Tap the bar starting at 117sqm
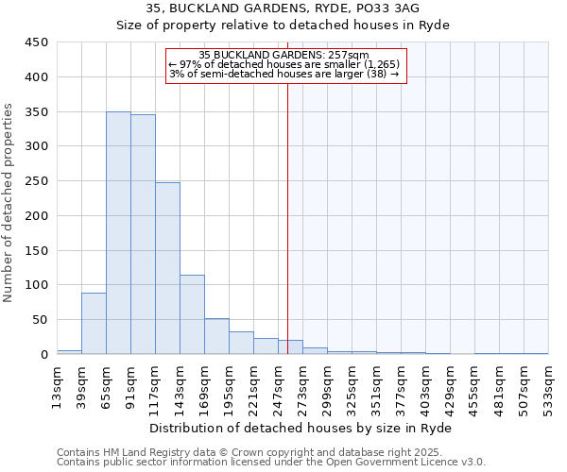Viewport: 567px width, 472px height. pos(167,268)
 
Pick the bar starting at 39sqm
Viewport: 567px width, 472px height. pos(94,324)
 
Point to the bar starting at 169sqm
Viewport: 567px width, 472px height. pos(216,336)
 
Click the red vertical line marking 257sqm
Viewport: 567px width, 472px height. pos(287,217)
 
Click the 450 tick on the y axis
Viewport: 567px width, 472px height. pos(37,42)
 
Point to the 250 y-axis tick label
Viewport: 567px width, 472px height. pos(37,181)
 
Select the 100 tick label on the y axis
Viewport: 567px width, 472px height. pos(37,285)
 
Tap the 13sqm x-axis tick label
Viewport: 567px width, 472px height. pos(57,385)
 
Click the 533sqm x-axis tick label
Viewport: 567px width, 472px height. pos(548,385)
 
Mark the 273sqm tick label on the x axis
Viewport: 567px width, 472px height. pos(302,385)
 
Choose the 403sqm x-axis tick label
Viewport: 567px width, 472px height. pos(425,385)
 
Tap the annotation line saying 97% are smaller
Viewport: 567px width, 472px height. pos(284,64)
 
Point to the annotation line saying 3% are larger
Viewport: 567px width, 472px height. pos(284,74)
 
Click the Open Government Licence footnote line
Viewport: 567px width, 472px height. pos(271,463)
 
